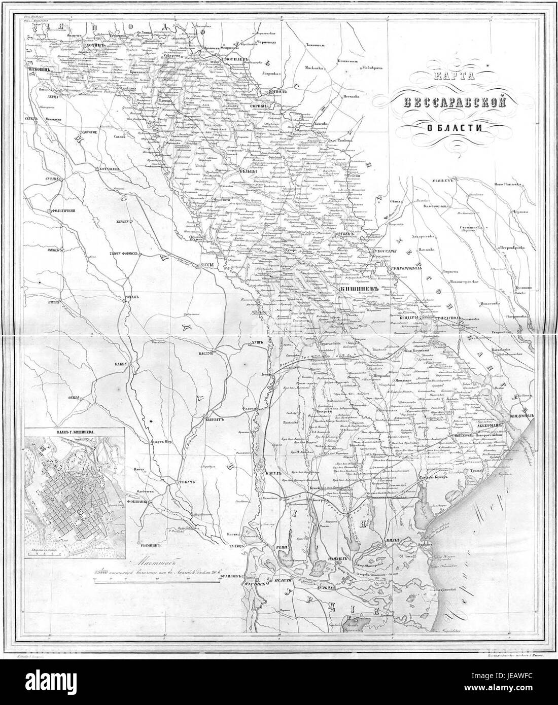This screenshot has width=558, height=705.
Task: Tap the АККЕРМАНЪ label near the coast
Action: pyautogui.click(x=490, y=412)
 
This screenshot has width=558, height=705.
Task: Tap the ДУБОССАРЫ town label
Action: pyautogui.click(x=380, y=250)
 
